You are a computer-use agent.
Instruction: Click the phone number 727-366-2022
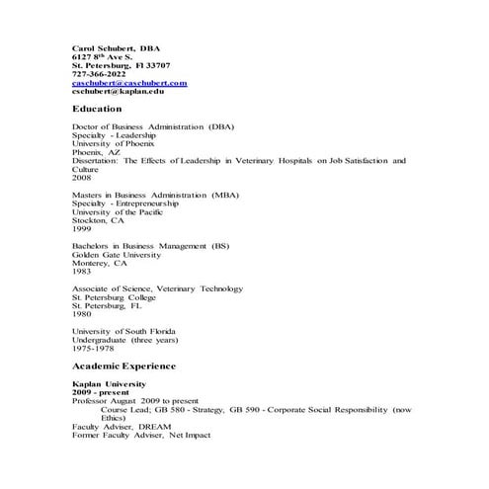point(99,74)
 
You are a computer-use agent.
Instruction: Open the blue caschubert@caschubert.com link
point(129,83)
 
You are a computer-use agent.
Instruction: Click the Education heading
point(97,109)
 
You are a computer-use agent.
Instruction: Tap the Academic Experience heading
point(124,367)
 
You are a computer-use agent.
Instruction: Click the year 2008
point(82,179)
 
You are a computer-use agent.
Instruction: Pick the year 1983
point(82,273)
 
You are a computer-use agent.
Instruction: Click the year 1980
point(82,315)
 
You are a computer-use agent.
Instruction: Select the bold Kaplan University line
point(110,383)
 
